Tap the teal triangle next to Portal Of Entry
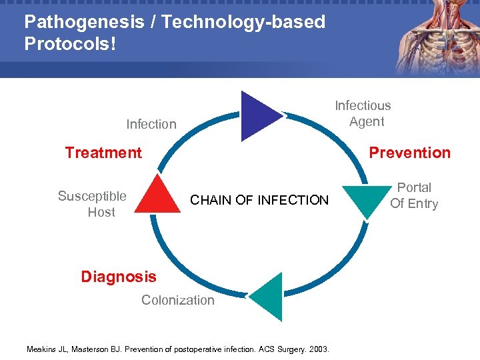tap(365, 199)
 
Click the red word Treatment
tap(103, 153)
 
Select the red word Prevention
tap(409, 153)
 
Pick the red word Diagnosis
tap(119, 277)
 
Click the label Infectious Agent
tap(363, 113)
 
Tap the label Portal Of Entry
tap(414, 196)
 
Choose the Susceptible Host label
tap(92, 204)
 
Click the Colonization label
tap(178, 300)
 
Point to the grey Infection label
tap(151, 124)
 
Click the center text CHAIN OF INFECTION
tap(259, 200)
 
